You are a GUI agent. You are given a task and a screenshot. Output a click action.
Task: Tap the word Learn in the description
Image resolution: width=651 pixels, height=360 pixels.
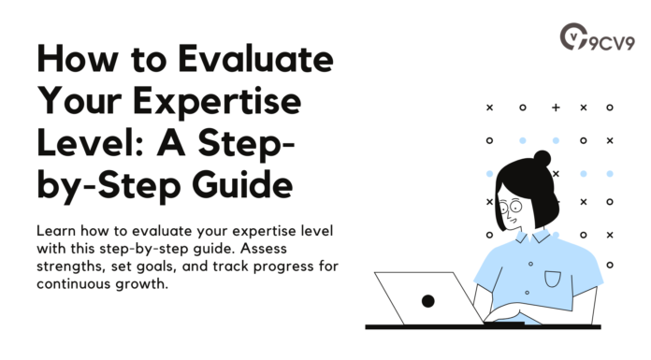[x=57, y=230]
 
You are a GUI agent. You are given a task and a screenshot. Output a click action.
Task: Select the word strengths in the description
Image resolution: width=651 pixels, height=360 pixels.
[x=73, y=266]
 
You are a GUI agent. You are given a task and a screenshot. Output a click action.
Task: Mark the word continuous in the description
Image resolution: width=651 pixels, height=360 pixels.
[x=76, y=283]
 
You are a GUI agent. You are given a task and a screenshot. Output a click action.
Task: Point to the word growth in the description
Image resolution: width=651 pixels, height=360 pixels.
[x=142, y=283]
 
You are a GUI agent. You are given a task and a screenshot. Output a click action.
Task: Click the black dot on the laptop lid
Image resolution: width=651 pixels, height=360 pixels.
[x=427, y=300]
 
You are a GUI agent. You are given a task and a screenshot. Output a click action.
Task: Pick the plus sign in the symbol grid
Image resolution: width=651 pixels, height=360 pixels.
[x=556, y=108]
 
